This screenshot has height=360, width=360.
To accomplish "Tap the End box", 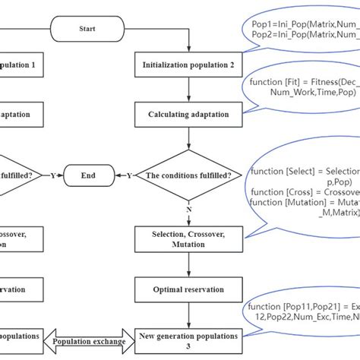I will coord(89,175).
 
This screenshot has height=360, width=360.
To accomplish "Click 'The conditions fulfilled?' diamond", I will coord(189,175).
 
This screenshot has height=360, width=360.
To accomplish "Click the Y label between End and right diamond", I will coord(128,175).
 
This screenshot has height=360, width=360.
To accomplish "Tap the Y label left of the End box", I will coord(52,175).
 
